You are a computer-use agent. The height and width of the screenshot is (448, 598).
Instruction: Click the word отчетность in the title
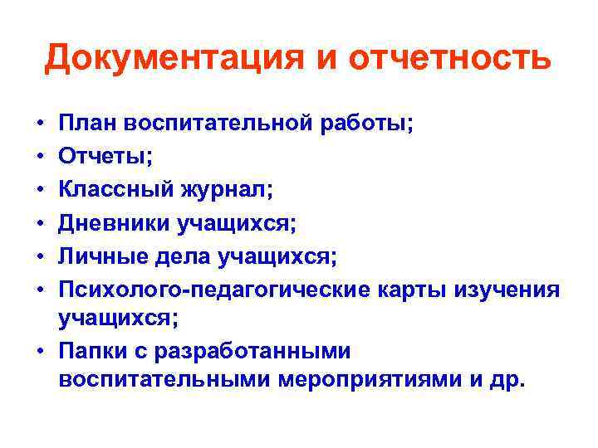click(448, 58)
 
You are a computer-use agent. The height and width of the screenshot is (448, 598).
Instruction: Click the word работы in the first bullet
click(374, 124)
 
